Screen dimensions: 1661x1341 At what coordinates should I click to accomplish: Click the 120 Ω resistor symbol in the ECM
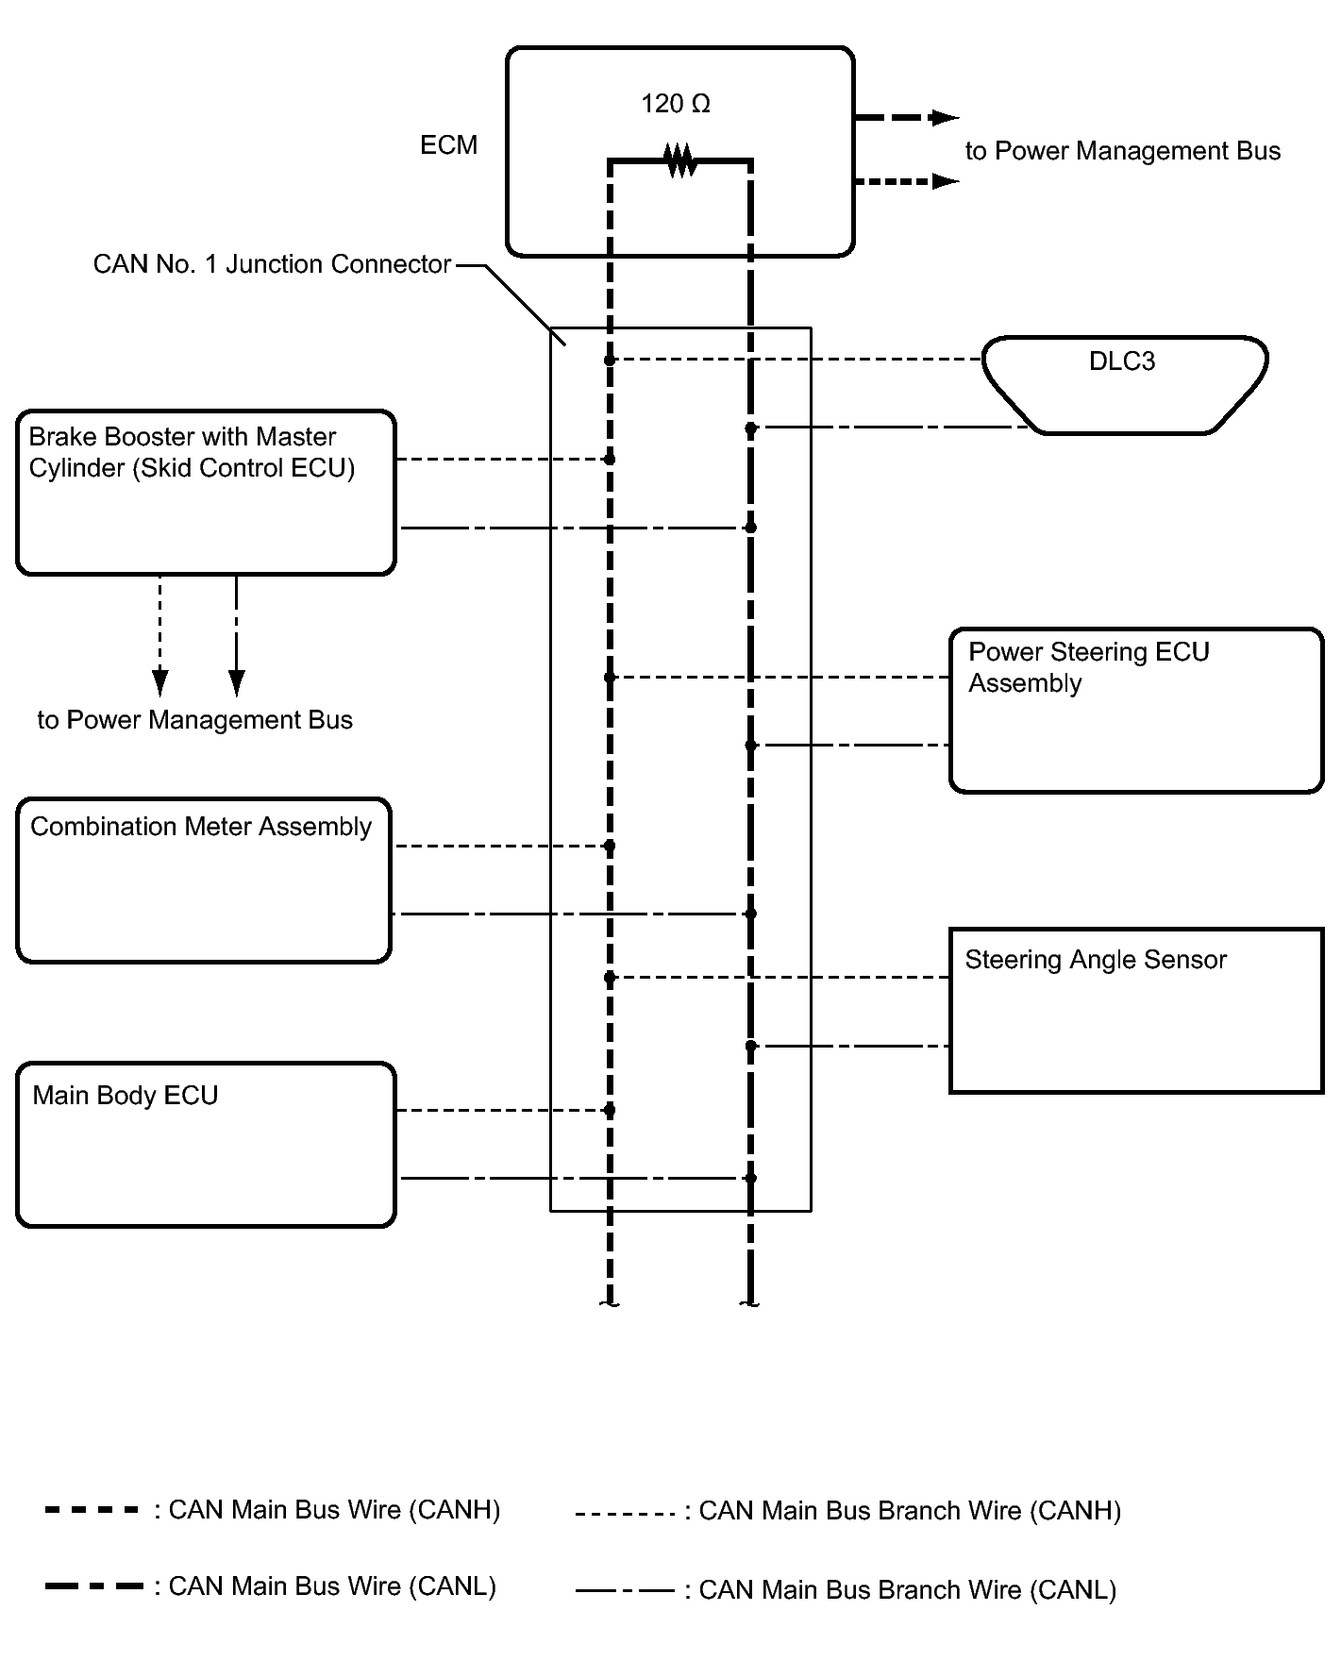(680, 160)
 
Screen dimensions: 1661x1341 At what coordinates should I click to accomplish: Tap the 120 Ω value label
(675, 104)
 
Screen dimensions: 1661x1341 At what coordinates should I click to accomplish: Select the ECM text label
(448, 145)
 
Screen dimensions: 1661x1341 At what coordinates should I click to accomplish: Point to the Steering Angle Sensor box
(1136, 1011)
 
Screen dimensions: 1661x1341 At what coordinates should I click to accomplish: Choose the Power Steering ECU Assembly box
(1136, 711)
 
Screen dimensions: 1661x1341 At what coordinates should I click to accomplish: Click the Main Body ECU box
(206, 1145)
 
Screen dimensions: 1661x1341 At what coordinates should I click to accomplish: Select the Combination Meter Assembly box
(204, 881)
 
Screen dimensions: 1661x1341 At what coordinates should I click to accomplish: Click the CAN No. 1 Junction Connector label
(272, 264)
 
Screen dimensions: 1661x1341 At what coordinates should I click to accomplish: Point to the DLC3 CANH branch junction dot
(610, 360)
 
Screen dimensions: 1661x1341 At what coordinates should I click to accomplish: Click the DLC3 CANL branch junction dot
(751, 428)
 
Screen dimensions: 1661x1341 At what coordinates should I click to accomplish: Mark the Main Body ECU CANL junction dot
(750, 1178)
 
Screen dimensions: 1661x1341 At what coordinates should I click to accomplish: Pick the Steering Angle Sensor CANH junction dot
(610, 978)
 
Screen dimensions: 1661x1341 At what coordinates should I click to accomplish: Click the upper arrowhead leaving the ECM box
(944, 118)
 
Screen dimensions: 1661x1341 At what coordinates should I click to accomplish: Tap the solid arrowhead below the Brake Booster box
(237, 681)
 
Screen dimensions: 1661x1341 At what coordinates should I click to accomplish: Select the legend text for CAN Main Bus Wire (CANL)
(331, 1586)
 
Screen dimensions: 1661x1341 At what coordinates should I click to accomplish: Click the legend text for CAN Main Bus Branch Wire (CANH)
(909, 1511)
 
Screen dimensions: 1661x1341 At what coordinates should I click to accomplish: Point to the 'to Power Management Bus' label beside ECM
(1122, 151)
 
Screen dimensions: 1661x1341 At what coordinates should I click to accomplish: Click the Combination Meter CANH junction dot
(610, 846)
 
